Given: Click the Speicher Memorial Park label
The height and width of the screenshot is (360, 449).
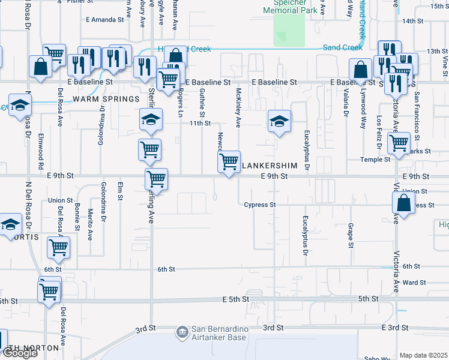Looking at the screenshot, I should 291,5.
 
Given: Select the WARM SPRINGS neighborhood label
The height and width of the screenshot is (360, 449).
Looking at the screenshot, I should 97,98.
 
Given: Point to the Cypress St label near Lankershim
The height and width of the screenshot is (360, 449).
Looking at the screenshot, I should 260,205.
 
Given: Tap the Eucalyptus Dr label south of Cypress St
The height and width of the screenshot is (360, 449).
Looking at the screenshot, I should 306,236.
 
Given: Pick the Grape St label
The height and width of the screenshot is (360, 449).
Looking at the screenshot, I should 350,236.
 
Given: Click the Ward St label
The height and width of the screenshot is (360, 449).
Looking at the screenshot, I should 411,282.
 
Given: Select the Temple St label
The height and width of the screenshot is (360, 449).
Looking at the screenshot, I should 375,159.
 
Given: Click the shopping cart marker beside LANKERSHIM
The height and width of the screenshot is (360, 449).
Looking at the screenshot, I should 229,163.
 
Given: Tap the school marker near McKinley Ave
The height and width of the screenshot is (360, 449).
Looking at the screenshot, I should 279,122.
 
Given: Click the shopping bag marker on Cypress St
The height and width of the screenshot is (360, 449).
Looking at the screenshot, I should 404,203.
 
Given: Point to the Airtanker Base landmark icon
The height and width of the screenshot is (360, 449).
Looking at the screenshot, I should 182,332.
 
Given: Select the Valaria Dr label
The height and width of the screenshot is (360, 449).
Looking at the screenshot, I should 346,103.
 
